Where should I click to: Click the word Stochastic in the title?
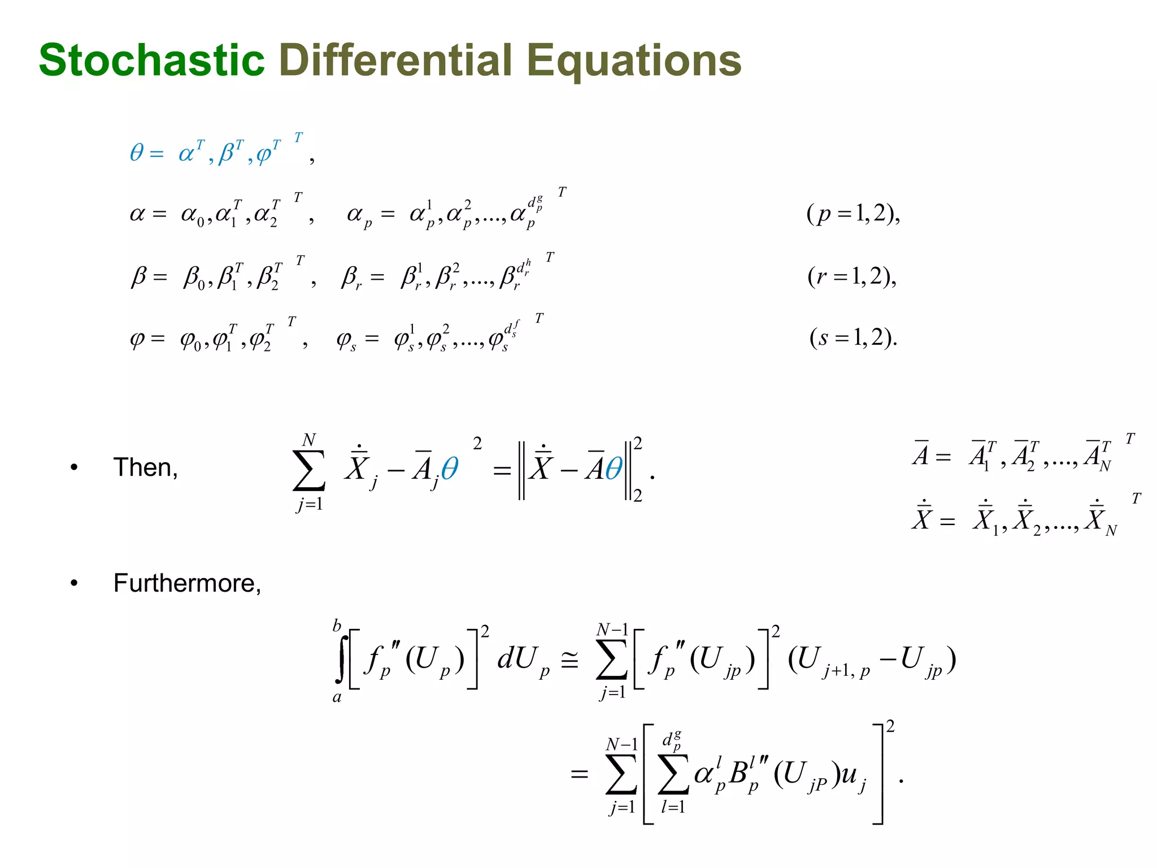(151, 60)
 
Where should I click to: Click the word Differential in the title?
(396, 60)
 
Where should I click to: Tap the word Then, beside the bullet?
(146, 468)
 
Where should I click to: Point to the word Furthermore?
(187, 583)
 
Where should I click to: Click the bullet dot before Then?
(74, 468)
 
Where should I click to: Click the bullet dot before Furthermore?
(74, 583)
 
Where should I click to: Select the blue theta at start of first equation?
(137, 153)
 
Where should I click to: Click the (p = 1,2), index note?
(853, 214)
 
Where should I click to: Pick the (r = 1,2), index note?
(852, 276)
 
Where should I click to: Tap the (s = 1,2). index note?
(853, 338)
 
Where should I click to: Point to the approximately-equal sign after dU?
(569, 660)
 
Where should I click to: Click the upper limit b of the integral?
(337, 626)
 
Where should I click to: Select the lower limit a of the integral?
(337, 697)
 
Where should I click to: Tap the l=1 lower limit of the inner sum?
(673, 807)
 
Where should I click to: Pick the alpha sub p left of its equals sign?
(359, 215)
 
